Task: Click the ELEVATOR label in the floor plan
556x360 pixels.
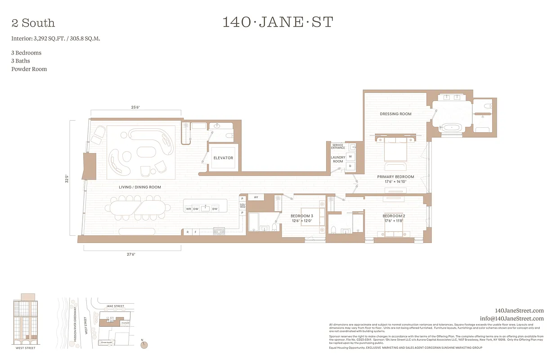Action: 223,158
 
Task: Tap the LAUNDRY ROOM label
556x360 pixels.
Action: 338,159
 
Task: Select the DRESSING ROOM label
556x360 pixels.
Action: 395,114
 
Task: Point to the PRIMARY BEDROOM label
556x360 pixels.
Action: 395,177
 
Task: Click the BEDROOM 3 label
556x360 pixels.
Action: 301,216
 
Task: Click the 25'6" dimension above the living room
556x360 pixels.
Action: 135,108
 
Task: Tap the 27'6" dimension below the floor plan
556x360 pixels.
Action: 131,254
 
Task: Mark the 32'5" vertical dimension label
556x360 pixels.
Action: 67,178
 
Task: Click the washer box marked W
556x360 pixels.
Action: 350,156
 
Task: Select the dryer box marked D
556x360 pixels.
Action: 350,166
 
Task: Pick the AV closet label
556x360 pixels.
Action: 256,197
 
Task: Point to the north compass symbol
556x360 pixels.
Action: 144,345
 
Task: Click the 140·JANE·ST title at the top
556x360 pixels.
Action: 278,22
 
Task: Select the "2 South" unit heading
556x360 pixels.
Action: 33,23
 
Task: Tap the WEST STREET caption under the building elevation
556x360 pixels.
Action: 26,348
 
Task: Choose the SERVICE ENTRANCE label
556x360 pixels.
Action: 338,146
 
